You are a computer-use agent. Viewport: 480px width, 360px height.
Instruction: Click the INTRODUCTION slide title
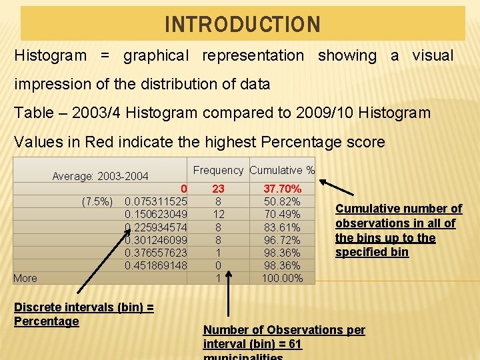[243, 25]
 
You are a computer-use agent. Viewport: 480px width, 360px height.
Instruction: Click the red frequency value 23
[218, 189]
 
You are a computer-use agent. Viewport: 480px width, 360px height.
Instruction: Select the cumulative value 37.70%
[282, 189]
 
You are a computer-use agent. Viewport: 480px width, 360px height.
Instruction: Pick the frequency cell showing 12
[218, 215]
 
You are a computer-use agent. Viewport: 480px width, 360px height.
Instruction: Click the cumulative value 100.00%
[282, 278]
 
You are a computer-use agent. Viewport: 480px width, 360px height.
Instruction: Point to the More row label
[25, 278]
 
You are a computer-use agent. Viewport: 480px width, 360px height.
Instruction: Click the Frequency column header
[219, 170]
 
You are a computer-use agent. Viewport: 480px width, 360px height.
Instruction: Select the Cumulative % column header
[282, 170]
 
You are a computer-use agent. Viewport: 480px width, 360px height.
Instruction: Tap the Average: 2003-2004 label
[100, 177]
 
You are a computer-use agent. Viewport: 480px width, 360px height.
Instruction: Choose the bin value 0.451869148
[156, 265]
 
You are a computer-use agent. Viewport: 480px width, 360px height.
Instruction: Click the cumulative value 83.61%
[282, 227]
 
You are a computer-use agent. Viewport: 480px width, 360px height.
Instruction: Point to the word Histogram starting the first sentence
[51, 56]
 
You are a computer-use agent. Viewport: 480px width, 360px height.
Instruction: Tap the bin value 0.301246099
[156, 240]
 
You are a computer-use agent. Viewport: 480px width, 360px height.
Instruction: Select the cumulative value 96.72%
[282, 240]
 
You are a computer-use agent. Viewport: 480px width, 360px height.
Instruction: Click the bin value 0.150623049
[156, 215]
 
